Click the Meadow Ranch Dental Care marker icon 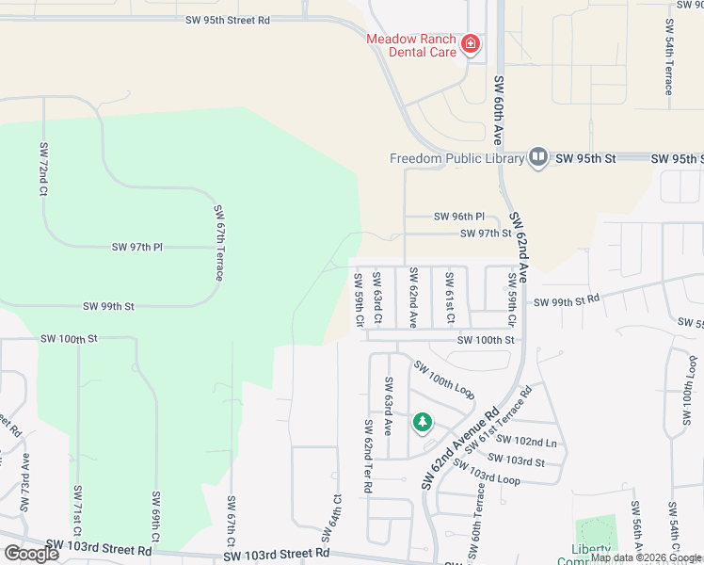click(470, 43)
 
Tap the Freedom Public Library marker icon click(537, 157)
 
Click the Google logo click(31, 553)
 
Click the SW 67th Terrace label click(218, 243)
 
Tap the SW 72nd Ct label click(43, 169)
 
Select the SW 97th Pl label click(137, 247)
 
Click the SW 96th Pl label click(459, 217)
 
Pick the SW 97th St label click(486, 234)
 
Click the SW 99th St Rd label click(567, 301)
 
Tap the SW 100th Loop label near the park click(443, 379)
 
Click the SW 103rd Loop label click(491, 476)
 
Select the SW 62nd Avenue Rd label click(460, 448)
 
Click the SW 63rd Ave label click(387, 398)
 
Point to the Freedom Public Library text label click(456, 158)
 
